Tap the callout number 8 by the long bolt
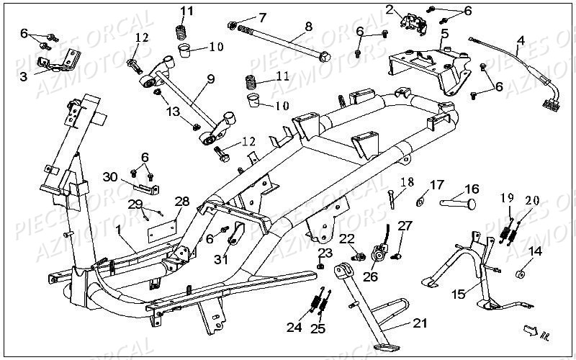tap(308, 27)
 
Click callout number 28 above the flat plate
tap(181, 201)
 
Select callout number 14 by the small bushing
tap(536, 251)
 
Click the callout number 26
tap(371, 276)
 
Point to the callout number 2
tap(390, 9)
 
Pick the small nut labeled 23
tap(320, 266)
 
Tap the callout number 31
tap(220, 260)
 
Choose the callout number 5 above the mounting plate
tap(445, 33)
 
